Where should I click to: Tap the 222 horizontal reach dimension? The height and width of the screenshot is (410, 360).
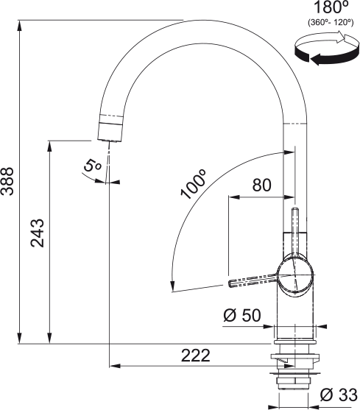194,356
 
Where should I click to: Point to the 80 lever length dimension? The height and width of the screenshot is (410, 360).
262,185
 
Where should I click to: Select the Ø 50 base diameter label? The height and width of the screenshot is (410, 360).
241,316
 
